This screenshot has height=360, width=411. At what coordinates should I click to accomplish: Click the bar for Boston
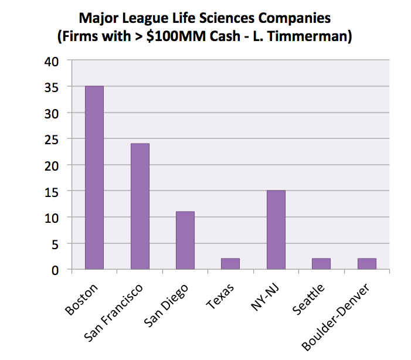(94, 178)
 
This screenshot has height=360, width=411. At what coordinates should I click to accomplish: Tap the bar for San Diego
(185, 240)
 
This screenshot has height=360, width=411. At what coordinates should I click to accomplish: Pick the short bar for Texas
(230, 264)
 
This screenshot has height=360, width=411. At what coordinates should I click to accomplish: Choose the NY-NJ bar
(276, 230)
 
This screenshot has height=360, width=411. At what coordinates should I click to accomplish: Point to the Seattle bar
(321, 264)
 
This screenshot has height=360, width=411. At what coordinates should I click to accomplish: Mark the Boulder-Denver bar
(366, 264)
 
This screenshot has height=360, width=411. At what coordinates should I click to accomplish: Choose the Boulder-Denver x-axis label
(339, 317)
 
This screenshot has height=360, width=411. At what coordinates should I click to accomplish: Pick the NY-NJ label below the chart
(266, 294)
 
